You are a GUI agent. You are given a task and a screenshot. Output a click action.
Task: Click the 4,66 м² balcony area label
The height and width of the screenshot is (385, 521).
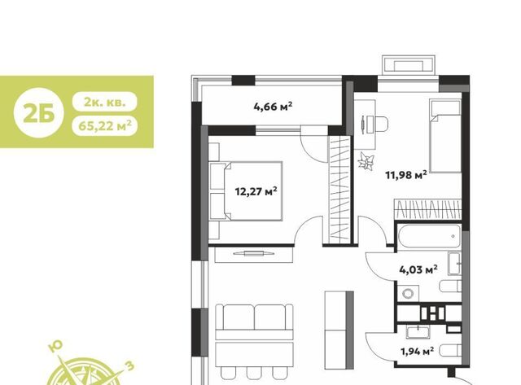coord(273,107)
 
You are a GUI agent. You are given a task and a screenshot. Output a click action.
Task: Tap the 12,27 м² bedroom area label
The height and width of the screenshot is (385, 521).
coord(256,191)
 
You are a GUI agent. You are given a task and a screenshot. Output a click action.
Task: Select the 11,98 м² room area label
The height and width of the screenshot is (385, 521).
coord(406,175)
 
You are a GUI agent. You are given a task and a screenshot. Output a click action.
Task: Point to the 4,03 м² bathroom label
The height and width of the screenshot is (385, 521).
coord(418,269)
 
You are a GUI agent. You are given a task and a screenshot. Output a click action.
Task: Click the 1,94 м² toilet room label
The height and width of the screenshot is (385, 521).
coord(418,351)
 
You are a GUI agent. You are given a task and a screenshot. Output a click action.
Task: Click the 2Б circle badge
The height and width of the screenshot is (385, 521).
coord(38,113)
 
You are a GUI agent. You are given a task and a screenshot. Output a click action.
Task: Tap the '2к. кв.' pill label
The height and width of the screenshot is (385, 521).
coord(105,101)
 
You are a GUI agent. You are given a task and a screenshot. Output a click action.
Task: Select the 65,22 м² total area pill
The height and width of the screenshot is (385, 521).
coord(105,125)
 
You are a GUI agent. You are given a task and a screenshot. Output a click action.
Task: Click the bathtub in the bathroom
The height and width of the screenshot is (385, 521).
coord(429,236)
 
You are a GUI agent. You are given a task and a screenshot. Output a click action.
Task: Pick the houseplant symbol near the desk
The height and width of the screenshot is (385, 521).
coord(366,162)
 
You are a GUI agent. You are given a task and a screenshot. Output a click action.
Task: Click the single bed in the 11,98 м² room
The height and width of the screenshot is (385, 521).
coord(445,136)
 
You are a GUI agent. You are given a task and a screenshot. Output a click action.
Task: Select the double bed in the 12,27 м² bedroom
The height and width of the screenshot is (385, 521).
coord(246,191)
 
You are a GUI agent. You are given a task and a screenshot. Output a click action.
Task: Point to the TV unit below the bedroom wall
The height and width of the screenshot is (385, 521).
coord(253,254)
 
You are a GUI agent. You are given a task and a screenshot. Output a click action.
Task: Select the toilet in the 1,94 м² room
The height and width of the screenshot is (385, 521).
coord(450,351)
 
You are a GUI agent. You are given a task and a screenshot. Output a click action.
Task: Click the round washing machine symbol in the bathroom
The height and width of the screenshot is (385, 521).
coord(407,294)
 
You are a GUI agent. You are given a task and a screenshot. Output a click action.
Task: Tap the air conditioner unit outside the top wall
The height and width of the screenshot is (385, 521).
coord(409,65)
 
